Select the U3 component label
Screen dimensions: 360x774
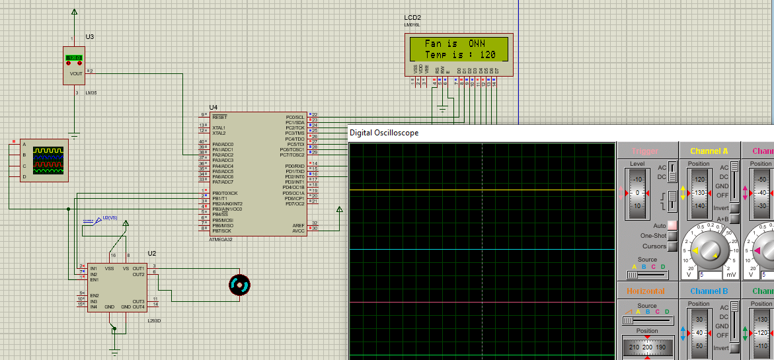coord(90,37)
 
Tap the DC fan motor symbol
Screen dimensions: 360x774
coord(239,285)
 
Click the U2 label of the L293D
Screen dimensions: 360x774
coord(152,253)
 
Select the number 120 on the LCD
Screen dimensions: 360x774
coord(488,54)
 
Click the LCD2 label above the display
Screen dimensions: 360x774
coord(412,18)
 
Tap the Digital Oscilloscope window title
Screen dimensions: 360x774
coord(384,133)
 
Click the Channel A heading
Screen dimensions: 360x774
coord(709,151)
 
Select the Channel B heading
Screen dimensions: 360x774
coord(709,291)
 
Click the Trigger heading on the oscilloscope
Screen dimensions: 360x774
coord(645,151)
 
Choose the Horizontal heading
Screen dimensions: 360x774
coord(645,291)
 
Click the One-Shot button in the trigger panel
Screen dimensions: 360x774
coord(673,236)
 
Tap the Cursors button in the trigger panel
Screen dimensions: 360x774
coord(673,246)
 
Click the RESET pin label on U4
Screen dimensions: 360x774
coord(219,117)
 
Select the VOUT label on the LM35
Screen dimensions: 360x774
coord(76,74)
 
